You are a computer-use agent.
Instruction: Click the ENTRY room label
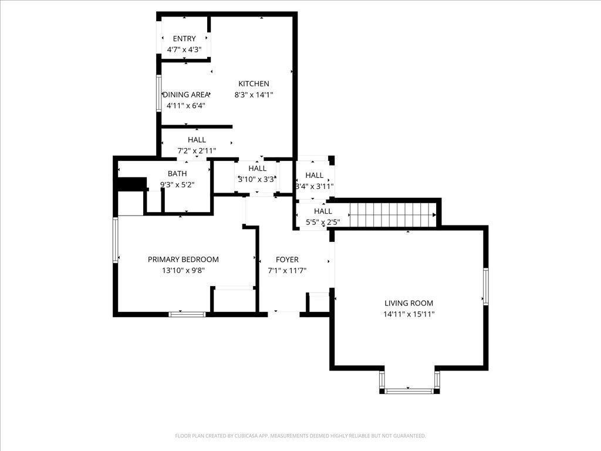[184, 39]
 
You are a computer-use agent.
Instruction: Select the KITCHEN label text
[254, 84]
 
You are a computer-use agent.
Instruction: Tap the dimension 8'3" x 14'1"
[254, 95]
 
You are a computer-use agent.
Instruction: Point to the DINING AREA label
[186, 95]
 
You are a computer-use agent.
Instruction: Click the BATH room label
[177, 173]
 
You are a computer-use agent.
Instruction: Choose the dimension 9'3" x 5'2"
[177, 184]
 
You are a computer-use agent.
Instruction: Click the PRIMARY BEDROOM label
[183, 260]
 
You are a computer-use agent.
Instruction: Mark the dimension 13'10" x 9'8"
[183, 271]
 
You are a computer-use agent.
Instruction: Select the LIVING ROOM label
[408, 303]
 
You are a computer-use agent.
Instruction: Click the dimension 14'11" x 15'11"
[408, 314]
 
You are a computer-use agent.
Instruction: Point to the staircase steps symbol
[392, 215]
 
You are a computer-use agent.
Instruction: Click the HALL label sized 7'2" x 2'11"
[197, 140]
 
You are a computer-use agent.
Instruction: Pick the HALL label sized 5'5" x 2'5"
[323, 211]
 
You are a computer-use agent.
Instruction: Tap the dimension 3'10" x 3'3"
[256, 180]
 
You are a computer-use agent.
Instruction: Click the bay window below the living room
[408, 389]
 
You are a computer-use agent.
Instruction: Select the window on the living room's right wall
[486, 286]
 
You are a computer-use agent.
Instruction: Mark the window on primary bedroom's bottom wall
[187, 314]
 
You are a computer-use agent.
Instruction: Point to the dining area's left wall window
[158, 92]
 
